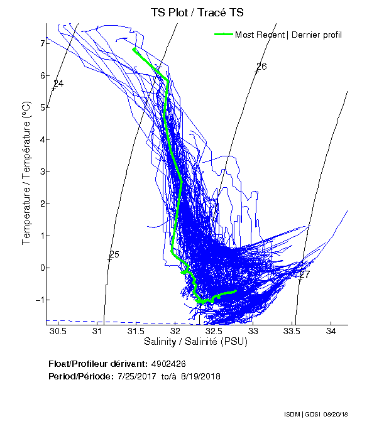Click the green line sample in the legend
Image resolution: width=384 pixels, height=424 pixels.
224,35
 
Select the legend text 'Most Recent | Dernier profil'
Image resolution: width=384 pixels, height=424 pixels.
288,35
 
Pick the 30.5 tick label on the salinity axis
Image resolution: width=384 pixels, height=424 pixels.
58,331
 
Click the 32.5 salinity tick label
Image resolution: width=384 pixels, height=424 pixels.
214,331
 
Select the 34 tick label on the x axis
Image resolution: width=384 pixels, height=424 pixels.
331,331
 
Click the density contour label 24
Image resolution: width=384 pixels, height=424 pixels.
58,84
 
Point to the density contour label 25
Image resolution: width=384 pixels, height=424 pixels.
114,254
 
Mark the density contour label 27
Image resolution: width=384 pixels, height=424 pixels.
305,275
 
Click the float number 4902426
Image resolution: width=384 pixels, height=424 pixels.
168,364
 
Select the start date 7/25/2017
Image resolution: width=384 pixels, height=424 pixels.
138,376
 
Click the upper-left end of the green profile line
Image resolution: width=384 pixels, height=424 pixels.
134,48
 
